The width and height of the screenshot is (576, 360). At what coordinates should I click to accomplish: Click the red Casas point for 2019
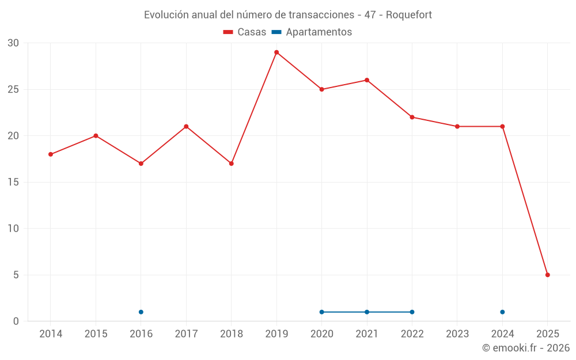tap(276, 52)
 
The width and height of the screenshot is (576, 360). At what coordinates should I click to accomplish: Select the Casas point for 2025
tap(548, 275)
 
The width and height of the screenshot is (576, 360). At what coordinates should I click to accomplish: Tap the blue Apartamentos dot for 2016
tap(141, 312)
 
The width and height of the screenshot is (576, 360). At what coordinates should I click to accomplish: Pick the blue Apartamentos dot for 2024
tap(502, 312)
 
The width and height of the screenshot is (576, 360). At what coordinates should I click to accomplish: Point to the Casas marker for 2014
tap(51, 154)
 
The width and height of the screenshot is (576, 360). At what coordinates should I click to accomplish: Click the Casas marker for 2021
tap(367, 80)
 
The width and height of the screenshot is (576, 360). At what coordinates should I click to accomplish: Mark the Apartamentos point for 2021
tap(367, 312)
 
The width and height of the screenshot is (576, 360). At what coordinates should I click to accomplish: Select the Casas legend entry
tap(245, 32)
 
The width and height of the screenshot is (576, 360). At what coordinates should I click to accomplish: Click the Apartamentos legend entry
tap(312, 32)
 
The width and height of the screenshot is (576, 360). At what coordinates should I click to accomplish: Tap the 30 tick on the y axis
tap(13, 43)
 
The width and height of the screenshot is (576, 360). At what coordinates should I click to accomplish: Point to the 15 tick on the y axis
tap(13, 182)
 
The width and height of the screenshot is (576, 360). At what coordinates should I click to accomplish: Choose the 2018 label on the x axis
tap(232, 334)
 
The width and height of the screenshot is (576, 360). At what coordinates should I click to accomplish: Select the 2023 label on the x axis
tap(457, 334)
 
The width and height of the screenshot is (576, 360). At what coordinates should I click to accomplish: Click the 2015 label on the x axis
tap(96, 334)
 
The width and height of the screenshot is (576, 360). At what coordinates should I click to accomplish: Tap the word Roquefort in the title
tap(409, 15)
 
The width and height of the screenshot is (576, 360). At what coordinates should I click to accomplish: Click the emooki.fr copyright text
tap(525, 348)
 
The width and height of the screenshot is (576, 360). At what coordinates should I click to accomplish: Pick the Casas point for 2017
tap(186, 127)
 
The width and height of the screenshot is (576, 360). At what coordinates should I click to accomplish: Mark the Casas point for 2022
tap(412, 117)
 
